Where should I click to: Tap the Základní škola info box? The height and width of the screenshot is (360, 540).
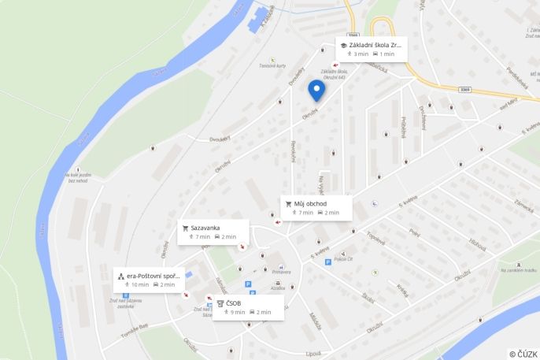click(371, 49)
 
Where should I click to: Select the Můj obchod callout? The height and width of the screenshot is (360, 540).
click(315, 207)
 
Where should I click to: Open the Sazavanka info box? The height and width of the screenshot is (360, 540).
click(213, 232)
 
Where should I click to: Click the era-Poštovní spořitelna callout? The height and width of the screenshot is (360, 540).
click(149, 280)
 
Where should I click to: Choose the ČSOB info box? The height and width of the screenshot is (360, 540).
click(248, 307)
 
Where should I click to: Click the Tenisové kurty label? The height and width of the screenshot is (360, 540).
click(272, 66)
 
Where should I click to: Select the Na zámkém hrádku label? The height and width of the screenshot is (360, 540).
click(519, 270)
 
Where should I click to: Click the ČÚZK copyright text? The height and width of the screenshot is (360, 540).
click(523, 354)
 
